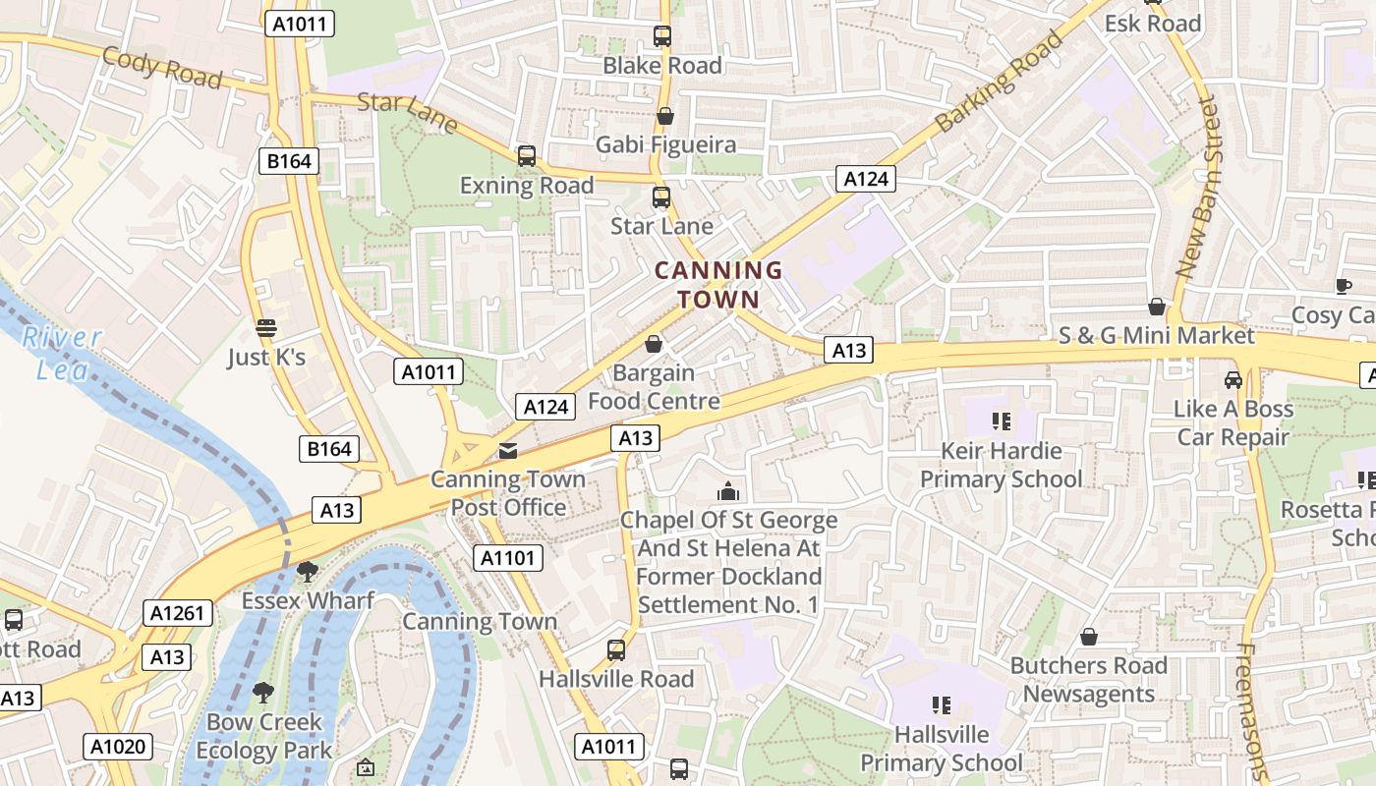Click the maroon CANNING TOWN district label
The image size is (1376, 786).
[718, 284]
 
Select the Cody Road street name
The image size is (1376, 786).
[162, 67]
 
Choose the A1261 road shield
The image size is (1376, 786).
[177, 614]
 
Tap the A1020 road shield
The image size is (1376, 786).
[117, 746]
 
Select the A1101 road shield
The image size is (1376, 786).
[507, 559]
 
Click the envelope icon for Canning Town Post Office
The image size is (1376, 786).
[508, 451]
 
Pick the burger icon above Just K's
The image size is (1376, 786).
[265, 328]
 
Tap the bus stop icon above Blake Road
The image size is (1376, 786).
[662, 36]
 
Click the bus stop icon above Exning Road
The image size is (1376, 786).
[527, 156]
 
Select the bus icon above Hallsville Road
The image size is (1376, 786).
[616, 649]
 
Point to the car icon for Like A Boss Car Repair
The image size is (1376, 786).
[1233, 379]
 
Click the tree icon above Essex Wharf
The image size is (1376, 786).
[308, 571]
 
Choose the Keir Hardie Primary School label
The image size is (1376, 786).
[1001, 465]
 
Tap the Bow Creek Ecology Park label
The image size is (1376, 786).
[263, 736]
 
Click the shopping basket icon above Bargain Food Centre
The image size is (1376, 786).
[654, 344]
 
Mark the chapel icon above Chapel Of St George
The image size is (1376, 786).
[728, 491]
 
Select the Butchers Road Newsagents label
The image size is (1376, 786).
[1089, 679]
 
